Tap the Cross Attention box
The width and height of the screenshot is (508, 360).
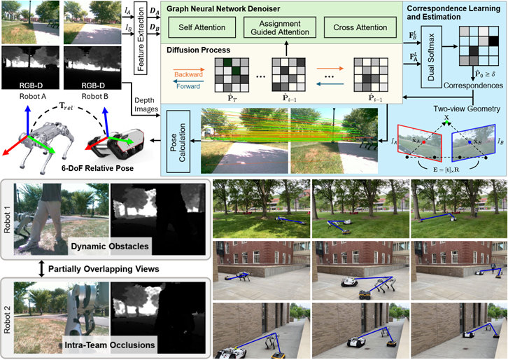(x=358, y=27)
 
